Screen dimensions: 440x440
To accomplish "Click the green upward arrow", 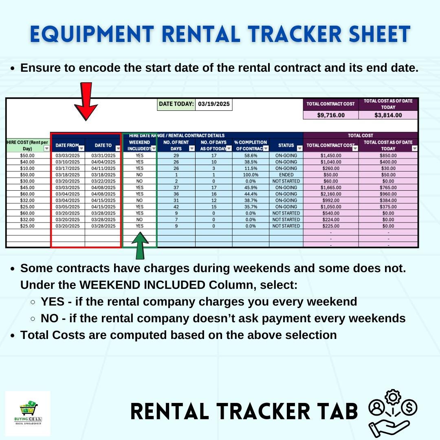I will (x=140, y=246).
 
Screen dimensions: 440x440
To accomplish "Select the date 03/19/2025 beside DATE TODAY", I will (x=214, y=104).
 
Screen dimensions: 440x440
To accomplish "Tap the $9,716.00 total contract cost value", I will (x=331, y=115).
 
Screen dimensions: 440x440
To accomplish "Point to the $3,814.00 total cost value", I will (x=388, y=115).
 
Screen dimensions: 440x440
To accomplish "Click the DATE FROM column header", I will (x=67, y=145).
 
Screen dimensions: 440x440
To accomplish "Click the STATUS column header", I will (x=286, y=145).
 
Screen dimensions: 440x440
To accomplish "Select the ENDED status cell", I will (x=286, y=175).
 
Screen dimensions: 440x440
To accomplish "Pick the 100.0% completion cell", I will (x=251, y=175).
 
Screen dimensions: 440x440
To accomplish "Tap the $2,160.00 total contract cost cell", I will (x=331, y=194).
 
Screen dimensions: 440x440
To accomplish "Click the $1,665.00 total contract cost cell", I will (x=331, y=187).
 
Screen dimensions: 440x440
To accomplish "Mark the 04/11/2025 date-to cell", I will (x=103, y=168).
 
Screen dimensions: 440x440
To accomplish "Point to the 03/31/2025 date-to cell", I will (x=103, y=155).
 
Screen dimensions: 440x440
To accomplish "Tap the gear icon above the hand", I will (x=393, y=396).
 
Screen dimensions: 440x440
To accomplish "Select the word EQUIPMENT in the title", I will (x=92, y=34).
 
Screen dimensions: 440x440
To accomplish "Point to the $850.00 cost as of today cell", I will (x=388, y=155).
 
